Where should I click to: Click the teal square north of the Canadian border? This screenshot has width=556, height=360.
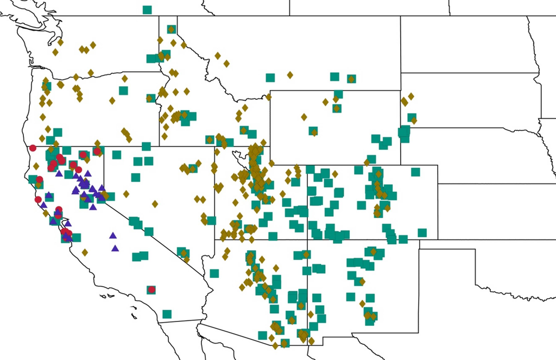tap(147, 9)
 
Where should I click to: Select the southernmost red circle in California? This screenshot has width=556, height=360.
tap(152, 289)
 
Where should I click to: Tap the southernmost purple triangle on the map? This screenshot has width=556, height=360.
tap(115, 248)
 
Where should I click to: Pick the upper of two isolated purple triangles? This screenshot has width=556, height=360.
tap(113, 236)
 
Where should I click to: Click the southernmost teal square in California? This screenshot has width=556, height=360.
tap(167, 314)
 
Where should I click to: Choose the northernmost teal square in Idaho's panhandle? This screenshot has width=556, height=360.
tap(172, 29)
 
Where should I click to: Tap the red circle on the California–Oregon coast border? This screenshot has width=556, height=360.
tap(33, 148)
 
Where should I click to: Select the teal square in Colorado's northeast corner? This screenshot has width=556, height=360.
tap(415, 172)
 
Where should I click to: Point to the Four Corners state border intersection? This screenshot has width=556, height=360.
tap(308, 239)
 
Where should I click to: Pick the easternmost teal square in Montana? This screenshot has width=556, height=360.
tap(351, 79)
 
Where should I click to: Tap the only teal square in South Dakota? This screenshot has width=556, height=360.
tap(412, 117)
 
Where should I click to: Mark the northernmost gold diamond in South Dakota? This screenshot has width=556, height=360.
tap(411, 96)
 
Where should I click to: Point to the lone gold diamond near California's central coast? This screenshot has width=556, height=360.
tap(85, 252)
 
